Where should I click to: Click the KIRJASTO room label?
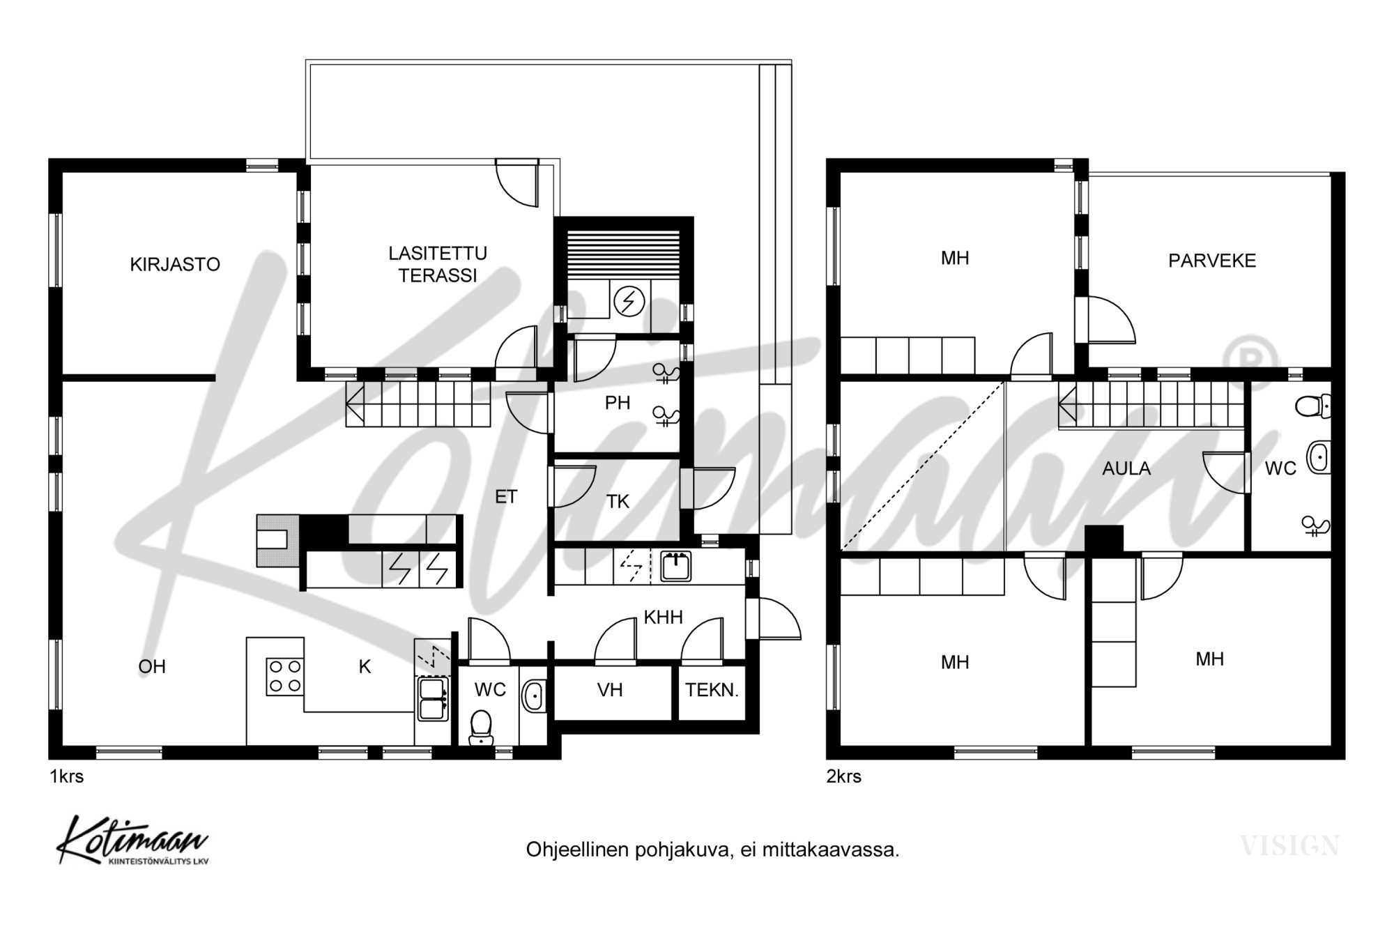tap(175, 264)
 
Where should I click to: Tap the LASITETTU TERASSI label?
tap(438, 264)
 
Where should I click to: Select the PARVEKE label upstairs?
tap(1212, 261)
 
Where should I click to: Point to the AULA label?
tap(1126, 468)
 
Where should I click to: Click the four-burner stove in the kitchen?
tap(285, 676)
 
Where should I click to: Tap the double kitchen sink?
tap(433, 699)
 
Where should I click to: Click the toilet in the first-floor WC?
tap(480, 728)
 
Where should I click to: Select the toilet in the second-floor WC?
tap(1313, 406)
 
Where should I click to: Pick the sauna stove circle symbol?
tap(629, 301)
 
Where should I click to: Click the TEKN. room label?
tap(712, 690)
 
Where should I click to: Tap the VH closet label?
tap(610, 690)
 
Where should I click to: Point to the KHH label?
tap(663, 617)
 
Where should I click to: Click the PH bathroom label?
tap(618, 403)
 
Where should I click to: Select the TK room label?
tap(618, 501)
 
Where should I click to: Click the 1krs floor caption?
tap(67, 776)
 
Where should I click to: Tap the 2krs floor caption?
tap(844, 776)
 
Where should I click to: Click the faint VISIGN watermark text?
tap(1289, 846)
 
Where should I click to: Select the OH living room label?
tap(152, 667)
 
